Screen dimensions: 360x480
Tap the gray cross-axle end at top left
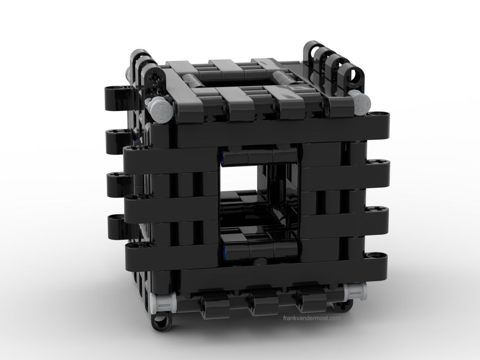pos(160,110)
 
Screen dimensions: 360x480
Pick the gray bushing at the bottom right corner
pos(355,291)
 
